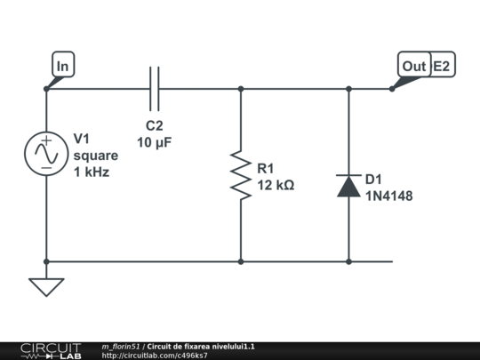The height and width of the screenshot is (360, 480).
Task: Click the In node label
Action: coord(63,64)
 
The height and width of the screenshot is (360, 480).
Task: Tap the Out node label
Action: coord(414,64)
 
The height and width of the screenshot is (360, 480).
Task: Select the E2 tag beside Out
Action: coord(442,66)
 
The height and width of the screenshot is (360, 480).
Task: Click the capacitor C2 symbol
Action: coord(155,89)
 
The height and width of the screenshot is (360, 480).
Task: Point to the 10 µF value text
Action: coord(155,142)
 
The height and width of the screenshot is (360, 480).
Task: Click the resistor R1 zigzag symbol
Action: coord(241,175)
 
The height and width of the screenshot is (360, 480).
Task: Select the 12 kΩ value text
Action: coord(276,185)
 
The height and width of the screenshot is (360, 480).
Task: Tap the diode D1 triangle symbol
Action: coord(348,186)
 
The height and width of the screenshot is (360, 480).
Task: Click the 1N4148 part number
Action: coord(389,196)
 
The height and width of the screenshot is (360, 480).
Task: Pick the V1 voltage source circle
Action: coord(46,154)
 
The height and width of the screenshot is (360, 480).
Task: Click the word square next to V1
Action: coord(96,156)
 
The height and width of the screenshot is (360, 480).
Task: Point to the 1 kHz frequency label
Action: coord(92,172)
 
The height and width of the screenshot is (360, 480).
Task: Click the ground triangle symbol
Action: coord(46,287)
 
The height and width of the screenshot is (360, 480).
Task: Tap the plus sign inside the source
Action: coord(46,140)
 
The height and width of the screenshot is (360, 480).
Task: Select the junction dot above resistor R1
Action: coord(241,89)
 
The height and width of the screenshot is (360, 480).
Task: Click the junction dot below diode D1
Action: coord(348,261)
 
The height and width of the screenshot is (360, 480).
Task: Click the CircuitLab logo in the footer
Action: coord(52,351)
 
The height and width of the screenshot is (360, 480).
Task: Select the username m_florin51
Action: coord(121,347)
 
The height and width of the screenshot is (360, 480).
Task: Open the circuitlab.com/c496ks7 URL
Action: coord(155,356)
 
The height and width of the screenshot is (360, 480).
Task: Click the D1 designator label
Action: coord(373,180)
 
